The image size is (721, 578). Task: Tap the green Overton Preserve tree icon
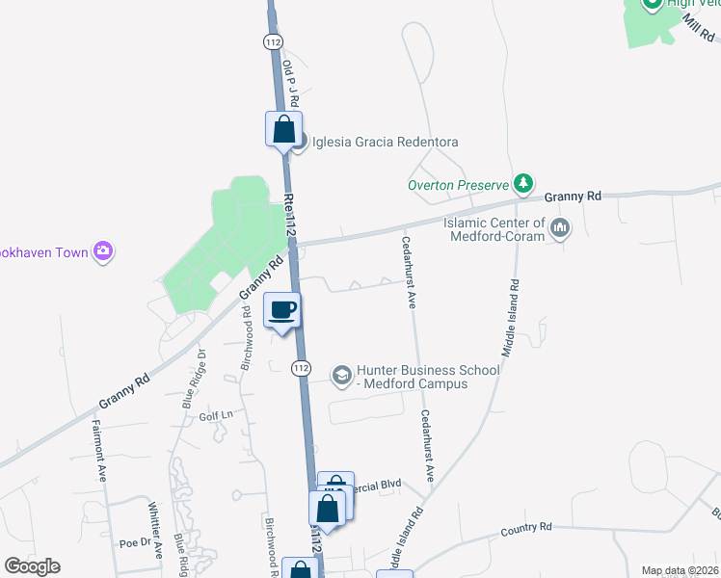[523, 182]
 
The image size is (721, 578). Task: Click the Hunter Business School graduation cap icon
[342, 375]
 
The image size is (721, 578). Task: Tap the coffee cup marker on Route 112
[282, 311]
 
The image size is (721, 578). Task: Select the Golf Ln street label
[216, 416]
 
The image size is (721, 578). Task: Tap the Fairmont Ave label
[97, 450]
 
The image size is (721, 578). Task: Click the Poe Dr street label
[129, 542]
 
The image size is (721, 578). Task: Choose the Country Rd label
[526, 528]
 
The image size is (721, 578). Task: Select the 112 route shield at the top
[273, 41]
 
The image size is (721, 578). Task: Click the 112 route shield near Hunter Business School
[302, 368]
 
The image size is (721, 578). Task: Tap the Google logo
[32, 566]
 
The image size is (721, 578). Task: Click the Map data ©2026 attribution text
[680, 570]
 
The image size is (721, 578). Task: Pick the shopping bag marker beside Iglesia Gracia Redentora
[284, 129]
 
